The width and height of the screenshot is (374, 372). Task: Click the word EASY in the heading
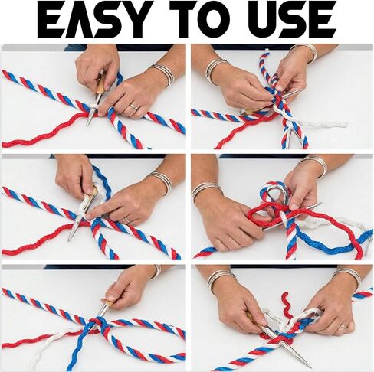(94, 21)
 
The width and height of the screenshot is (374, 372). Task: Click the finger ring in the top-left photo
(133, 106)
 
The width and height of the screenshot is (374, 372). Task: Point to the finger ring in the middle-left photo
(127, 220)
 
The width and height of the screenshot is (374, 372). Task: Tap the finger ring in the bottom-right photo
(343, 327)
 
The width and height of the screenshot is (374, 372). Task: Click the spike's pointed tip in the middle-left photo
(69, 240)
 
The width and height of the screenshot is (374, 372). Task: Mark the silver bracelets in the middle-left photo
(162, 182)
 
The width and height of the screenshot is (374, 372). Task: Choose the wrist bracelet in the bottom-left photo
(156, 272)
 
